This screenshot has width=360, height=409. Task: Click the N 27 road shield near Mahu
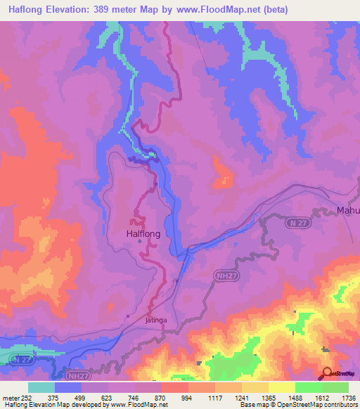[296, 222]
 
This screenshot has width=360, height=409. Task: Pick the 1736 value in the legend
[347, 397]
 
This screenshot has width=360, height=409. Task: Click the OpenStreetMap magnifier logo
[326, 372]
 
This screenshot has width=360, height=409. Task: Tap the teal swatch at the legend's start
[41, 387]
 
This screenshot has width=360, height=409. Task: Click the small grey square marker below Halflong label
[141, 241]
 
